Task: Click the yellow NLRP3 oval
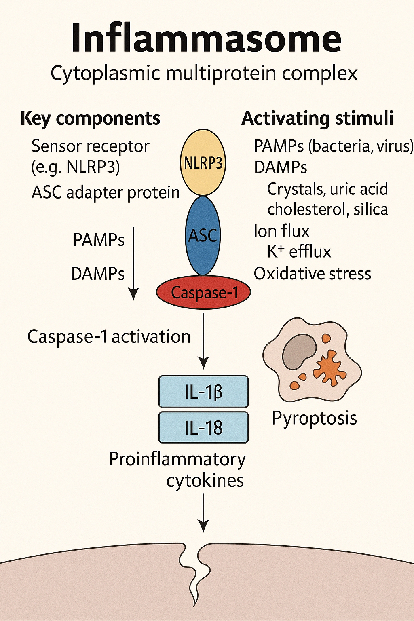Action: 203,163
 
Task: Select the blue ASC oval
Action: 203,235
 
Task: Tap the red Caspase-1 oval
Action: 203,292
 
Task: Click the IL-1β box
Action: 203,391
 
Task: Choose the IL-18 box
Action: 203,427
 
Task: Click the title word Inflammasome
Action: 206,38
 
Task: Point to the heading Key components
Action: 90,118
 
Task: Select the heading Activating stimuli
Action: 317,118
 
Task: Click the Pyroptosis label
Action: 314,418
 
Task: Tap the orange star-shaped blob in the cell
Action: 330,367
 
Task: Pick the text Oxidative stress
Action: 312,274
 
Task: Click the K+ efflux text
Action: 299,251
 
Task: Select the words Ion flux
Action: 281,231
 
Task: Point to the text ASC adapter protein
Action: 106,192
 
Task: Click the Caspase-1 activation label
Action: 109,336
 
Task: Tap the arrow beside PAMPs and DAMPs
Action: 133,263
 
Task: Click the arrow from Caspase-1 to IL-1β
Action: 203,340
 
